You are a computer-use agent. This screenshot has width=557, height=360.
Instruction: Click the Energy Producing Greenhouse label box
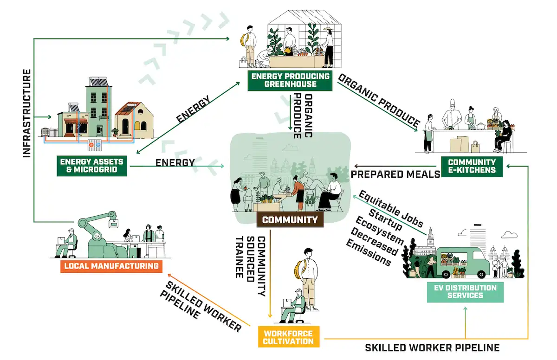click(x=290, y=80)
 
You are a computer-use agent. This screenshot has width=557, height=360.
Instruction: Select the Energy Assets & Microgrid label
click(x=91, y=166)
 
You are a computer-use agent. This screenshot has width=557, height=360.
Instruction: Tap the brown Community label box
click(x=290, y=220)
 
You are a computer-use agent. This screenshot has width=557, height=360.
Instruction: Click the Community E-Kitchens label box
click(x=472, y=166)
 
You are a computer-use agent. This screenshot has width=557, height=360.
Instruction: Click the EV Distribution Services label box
click(x=465, y=291)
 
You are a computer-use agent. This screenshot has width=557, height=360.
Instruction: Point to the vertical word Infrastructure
click(x=27, y=114)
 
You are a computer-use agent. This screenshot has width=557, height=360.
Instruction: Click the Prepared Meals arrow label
click(x=395, y=174)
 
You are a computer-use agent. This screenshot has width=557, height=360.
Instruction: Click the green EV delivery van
click(x=464, y=262)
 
